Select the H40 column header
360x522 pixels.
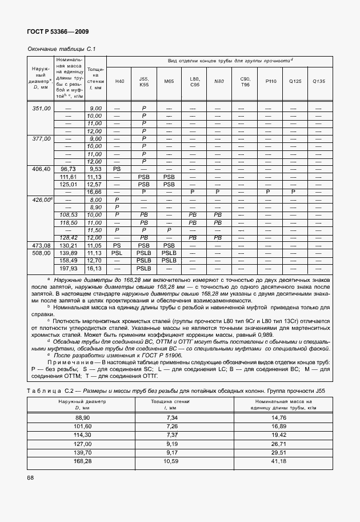(119, 81)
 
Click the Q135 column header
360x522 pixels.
(318, 81)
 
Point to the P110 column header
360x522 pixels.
(270, 81)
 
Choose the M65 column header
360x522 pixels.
(169, 81)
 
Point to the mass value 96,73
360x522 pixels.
(68, 169)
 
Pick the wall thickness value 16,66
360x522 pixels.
(94, 192)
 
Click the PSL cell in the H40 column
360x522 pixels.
(117, 252)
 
